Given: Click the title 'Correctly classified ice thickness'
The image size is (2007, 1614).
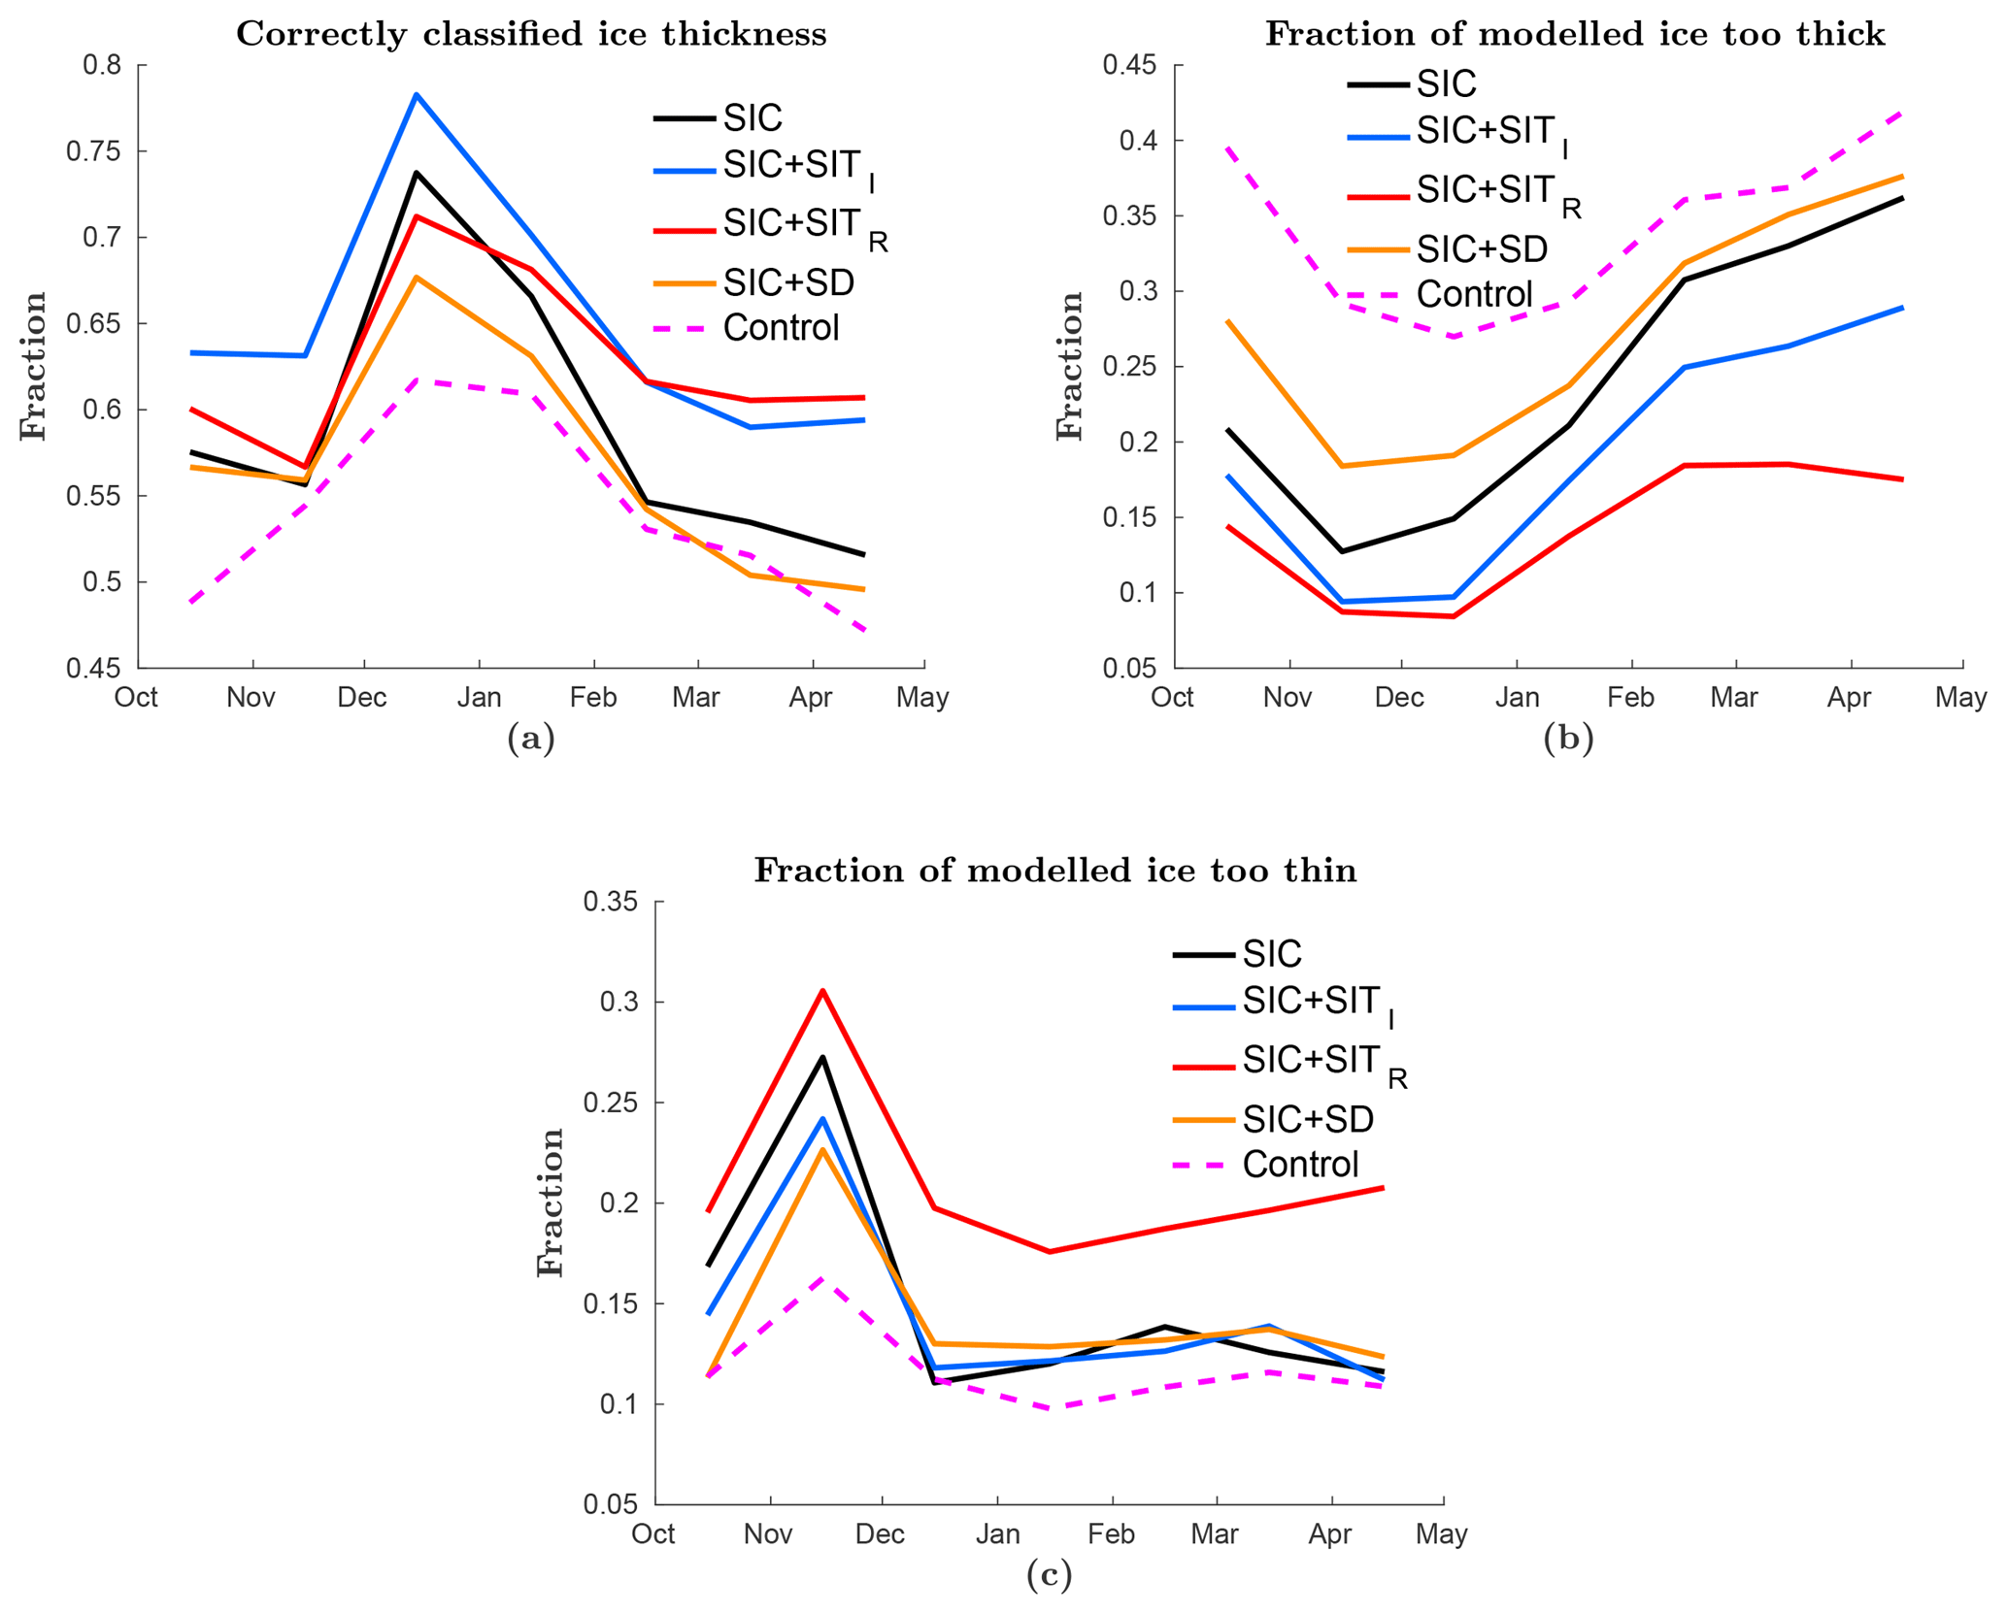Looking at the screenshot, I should click(531, 34).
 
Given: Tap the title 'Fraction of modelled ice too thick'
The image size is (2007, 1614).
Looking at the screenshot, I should click(1574, 34).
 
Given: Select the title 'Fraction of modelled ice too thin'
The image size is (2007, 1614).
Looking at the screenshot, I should click(1055, 871).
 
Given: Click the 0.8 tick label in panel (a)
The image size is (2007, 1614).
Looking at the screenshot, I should click(102, 66).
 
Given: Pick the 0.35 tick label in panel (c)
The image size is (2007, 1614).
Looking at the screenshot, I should click(610, 902).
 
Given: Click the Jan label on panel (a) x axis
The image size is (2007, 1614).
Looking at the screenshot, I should click(479, 697).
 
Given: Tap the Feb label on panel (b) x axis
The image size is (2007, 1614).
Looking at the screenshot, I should click(1630, 697).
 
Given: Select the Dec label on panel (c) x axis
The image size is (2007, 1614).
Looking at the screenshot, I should click(880, 1534).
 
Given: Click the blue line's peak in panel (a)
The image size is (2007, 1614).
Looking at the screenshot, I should click(417, 94).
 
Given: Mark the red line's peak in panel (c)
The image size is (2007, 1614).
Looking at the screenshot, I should click(822, 991).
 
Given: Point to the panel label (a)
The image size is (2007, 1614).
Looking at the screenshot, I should click(531, 739).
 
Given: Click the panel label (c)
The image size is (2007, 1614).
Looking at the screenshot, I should click(1049, 1574).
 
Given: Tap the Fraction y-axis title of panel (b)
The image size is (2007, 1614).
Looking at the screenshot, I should click(1069, 366).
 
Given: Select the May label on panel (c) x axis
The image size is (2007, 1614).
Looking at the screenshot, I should click(1442, 1534).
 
